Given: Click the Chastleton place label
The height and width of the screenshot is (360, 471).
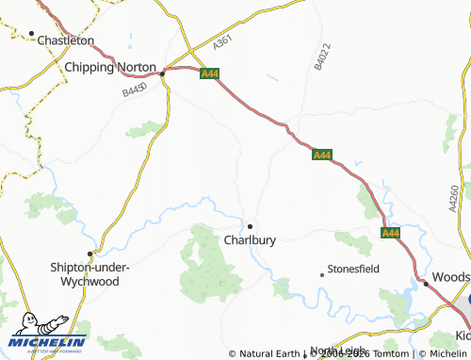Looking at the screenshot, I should pyautogui.click(x=65, y=41).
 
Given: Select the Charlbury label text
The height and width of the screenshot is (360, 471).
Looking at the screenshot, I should pyautogui.click(x=250, y=240).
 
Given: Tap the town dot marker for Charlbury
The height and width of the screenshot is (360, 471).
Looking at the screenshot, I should pyautogui.click(x=250, y=226).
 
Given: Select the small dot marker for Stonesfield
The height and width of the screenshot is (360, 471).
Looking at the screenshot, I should pyautogui.click(x=322, y=274).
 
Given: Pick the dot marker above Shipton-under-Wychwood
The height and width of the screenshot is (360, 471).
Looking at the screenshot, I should pyautogui.click(x=90, y=254).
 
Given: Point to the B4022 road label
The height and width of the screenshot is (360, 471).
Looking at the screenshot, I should pyautogui.click(x=321, y=57).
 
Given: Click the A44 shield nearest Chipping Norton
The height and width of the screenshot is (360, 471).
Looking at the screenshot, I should pyautogui.click(x=209, y=72).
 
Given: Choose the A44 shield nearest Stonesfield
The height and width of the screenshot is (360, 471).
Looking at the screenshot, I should pyautogui.click(x=390, y=233).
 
